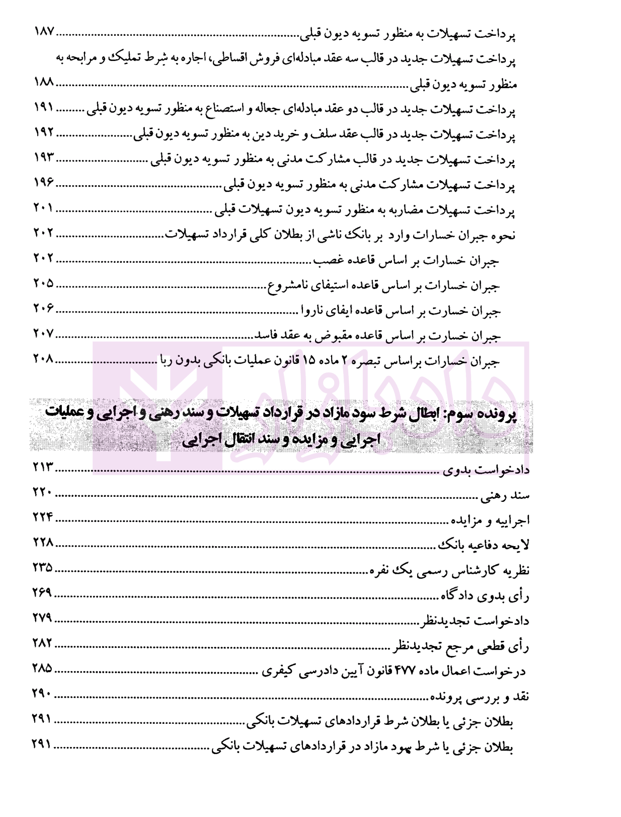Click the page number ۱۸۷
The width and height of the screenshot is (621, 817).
pos(44,32)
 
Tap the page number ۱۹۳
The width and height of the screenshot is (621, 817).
pos(44,158)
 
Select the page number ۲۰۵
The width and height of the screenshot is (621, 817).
pos(44,283)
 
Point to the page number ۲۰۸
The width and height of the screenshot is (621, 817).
pos(44,359)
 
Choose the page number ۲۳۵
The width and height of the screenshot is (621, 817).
pos(43,568)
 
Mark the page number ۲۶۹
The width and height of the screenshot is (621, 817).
pos(43,593)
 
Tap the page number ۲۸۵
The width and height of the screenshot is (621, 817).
pos(43,669)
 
